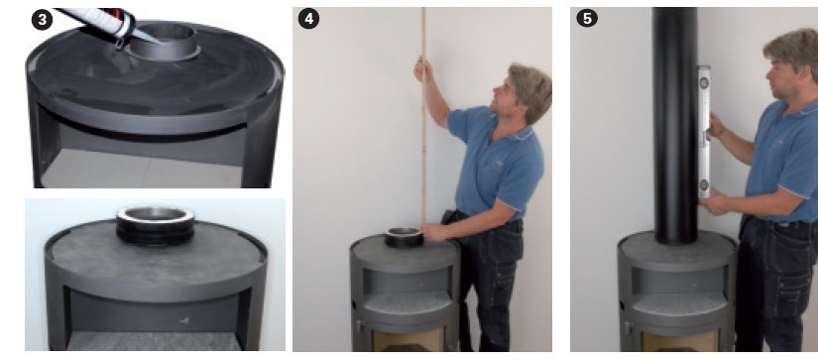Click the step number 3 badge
pos(42,20)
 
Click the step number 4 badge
pos(308,19)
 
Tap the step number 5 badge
pos(587,18)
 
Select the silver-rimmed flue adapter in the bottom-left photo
pos(156,225)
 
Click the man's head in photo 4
pos(525,93)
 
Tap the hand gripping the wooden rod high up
pos(422,68)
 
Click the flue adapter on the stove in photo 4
pos(404,237)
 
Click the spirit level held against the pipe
pos(704,132)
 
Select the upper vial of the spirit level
pos(705,82)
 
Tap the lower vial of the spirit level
pos(704,184)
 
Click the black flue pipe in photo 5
pos(674,125)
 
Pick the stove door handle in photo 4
pos(358,326)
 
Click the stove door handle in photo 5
pos(628,327)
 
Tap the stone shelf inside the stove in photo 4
pos(408,301)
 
